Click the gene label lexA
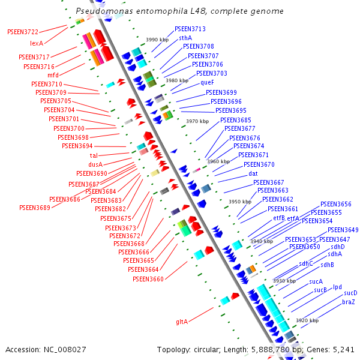37,44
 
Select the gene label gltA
182,322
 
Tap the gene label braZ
349,302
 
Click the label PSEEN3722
23,32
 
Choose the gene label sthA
185,38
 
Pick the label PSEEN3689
35,208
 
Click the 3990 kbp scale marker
157,40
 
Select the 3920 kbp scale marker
307,321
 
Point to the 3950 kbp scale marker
240,202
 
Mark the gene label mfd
53,75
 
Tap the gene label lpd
337,287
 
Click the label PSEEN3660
148,279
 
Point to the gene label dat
253,173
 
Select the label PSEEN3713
190,29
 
